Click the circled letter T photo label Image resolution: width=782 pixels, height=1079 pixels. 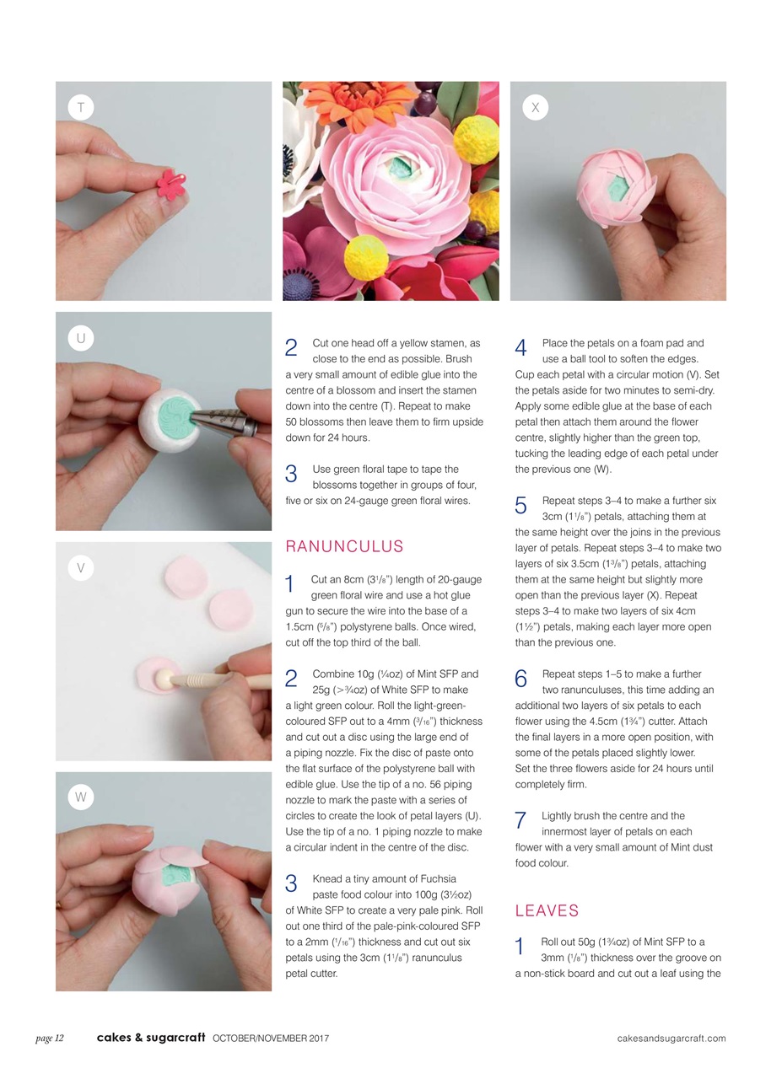(80, 107)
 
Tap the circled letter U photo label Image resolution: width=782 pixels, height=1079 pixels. (80, 338)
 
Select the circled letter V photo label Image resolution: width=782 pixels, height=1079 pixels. (80, 567)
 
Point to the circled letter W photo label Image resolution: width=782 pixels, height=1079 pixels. (80, 797)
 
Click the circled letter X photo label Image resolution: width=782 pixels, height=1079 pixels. (535, 107)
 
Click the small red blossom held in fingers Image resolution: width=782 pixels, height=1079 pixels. (171, 184)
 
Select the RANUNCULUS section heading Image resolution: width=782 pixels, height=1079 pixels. (344, 546)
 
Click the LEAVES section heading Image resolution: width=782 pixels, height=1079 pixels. (547, 910)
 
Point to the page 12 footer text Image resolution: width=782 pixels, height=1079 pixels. (50, 1038)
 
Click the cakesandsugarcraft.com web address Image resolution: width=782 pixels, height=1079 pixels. (671, 1038)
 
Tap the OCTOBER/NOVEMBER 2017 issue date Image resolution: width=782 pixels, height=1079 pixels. (271, 1038)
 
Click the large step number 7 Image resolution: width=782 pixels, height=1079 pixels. (520, 820)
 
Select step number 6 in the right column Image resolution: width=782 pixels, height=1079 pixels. (520, 679)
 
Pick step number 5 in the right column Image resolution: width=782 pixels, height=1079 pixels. (520, 506)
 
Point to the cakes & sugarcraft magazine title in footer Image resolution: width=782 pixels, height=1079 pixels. (150, 1038)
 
